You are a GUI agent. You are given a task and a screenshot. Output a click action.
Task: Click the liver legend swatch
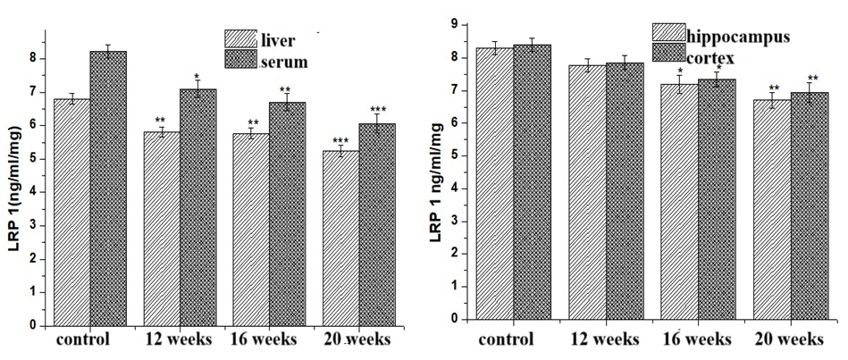240,39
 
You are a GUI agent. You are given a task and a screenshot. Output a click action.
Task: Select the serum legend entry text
283,63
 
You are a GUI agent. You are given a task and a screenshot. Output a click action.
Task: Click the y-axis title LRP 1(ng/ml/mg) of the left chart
15,191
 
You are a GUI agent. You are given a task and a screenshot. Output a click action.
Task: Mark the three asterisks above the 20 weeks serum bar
378,109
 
